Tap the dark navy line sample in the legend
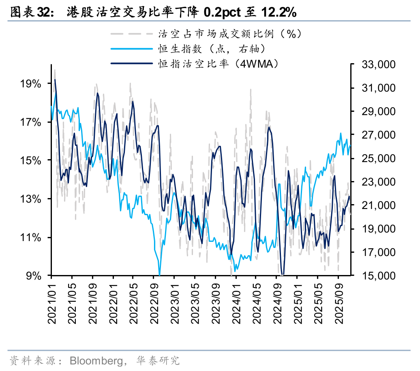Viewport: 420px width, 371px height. point(131,64)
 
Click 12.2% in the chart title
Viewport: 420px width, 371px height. point(278,13)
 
